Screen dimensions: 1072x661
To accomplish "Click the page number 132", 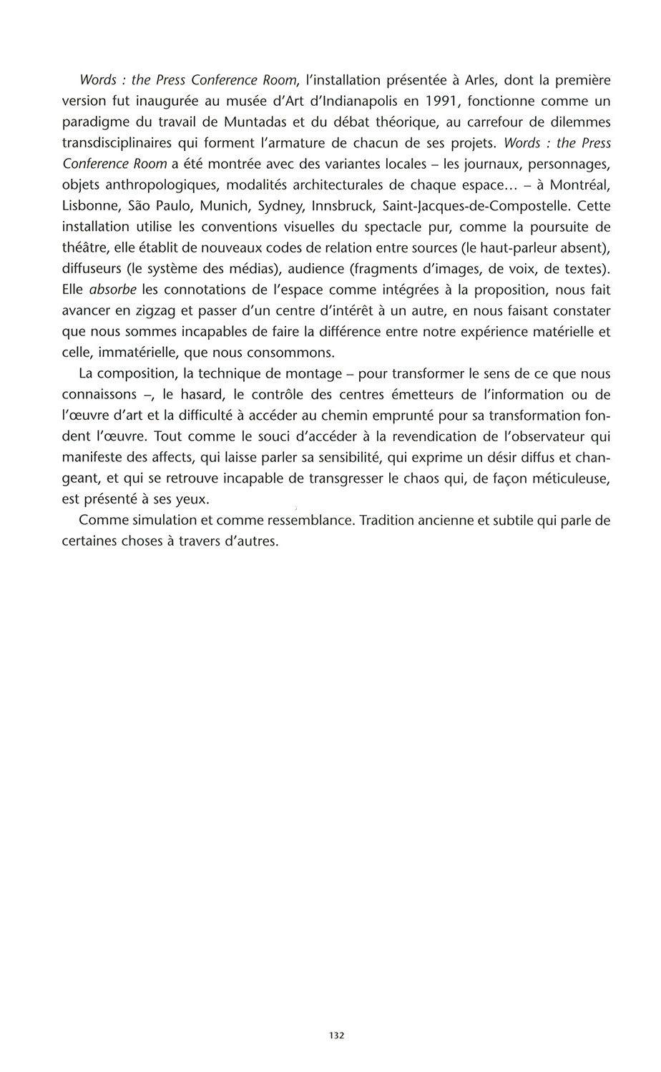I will (337, 1036).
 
